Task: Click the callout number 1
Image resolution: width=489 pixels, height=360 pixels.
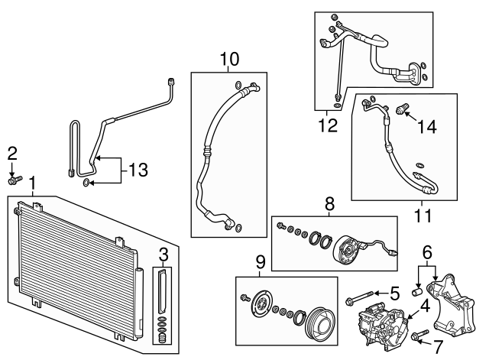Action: tap(33, 184)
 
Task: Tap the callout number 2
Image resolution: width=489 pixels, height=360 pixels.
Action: tap(12, 153)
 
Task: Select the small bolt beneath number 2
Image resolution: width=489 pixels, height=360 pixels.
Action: tap(13, 180)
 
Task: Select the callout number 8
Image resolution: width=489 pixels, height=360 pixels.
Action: tap(330, 204)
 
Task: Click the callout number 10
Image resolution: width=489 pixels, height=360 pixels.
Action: tap(229, 59)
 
